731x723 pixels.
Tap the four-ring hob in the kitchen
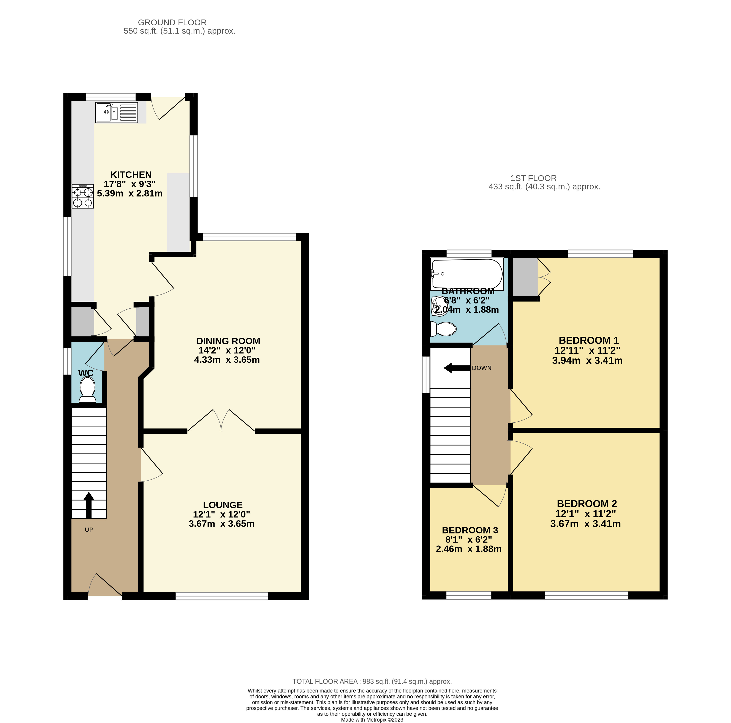tap(83, 196)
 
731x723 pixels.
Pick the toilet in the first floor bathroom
tap(443, 329)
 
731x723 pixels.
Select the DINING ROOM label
tap(228, 341)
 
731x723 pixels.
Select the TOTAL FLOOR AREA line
tap(372, 681)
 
